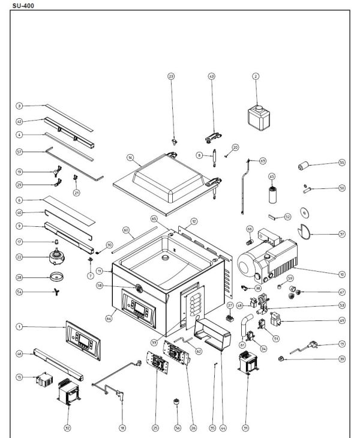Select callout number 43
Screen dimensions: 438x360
pyautogui.click(x=211, y=77)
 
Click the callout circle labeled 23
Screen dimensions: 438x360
pyautogui.click(x=171, y=77)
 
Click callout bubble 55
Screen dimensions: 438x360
pyautogui.click(x=341, y=163)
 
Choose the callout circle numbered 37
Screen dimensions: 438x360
pyautogui.click(x=341, y=235)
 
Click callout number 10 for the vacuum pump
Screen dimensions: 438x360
pyautogui.click(x=341, y=274)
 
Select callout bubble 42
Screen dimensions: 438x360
pyautogui.click(x=19, y=121)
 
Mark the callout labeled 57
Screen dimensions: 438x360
pyautogui.click(x=19, y=151)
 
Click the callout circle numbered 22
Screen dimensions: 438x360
pyautogui.click(x=19, y=257)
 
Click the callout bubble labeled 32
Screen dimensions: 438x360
pyautogui.click(x=67, y=428)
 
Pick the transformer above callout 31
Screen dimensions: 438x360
pyautogui.click(x=246, y=363)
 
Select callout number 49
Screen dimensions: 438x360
pyautogui.click(x=341, y=320)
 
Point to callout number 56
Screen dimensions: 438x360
pyautogui.click(x=177, y=428)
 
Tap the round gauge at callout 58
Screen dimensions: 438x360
pyautogui.click(x=137, y=289)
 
